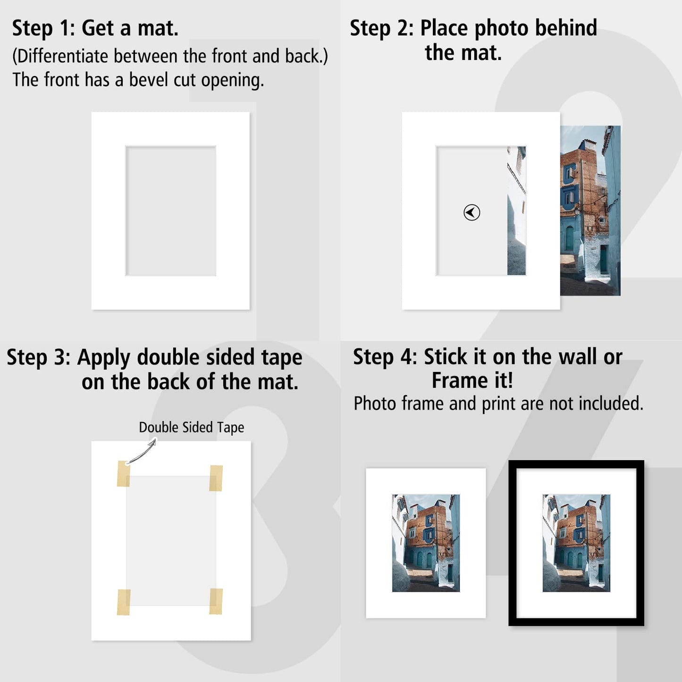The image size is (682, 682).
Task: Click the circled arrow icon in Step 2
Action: coord(472,212)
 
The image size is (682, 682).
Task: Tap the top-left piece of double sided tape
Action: coord(123,473)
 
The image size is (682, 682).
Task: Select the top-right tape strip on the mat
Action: coord(216,478)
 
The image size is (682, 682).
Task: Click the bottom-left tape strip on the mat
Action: coord(124,602)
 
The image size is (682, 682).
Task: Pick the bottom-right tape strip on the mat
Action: coord(216,601)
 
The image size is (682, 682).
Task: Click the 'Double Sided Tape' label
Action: coord(191,427)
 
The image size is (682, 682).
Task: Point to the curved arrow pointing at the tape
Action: coord(142,452)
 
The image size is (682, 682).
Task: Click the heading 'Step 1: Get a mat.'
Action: coord(95,28)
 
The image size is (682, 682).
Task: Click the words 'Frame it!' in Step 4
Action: coord(472,380)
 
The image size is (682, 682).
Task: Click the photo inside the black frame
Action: coord(576,543)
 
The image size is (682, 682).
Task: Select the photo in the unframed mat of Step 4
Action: coord(426,543)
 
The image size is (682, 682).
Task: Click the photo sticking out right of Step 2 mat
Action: coord(590,210)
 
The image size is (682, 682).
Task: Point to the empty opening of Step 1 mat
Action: coord(170,210)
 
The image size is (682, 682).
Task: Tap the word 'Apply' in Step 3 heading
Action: coord(104,358)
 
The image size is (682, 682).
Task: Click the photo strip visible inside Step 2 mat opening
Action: coord(516,210)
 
